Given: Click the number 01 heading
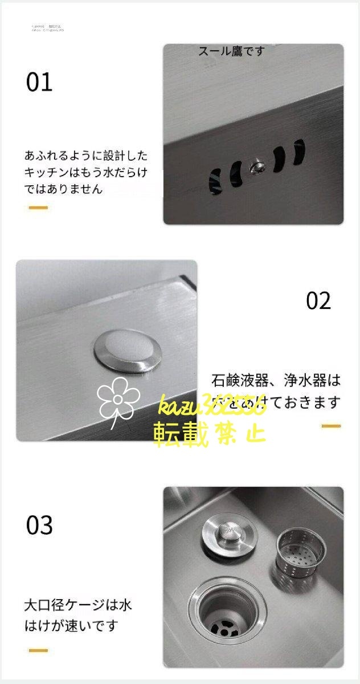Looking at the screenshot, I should pos(39,83).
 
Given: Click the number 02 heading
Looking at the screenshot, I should pos(318,301).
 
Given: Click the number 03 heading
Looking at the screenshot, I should pos(39,525).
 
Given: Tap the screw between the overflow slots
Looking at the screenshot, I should pos(256,166).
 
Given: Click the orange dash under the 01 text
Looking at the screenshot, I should pos(38,207).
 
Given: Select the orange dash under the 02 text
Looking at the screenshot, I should pos(331,426).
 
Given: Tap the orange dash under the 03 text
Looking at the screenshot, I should pos(38,650).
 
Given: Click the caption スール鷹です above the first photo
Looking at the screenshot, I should pos(232,51).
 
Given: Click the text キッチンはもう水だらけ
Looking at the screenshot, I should pos(85,172).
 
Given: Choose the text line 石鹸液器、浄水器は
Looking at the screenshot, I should pos(276,380).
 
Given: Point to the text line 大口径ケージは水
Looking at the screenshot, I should pos(77,605).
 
